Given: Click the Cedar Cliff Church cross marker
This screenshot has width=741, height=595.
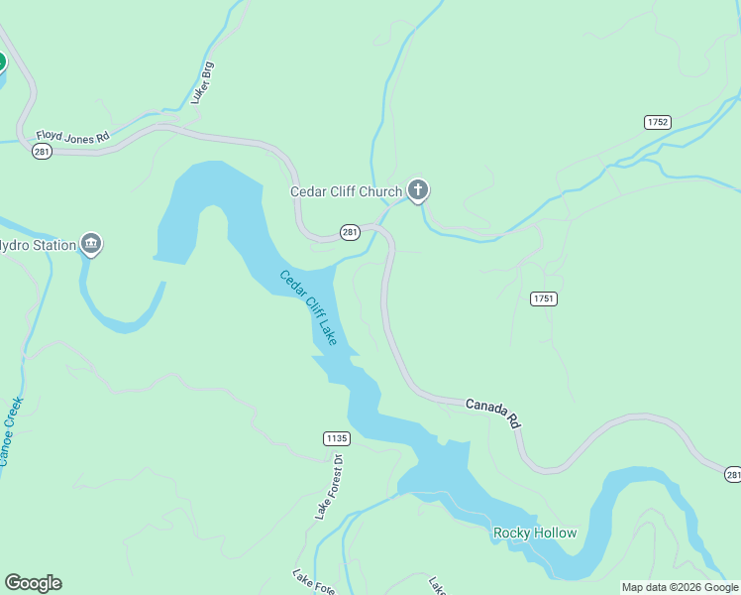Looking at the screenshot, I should click(418, 189).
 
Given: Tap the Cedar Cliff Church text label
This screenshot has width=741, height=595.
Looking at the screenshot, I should click(346, 191).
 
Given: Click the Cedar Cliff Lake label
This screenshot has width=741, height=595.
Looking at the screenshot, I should click(308, 307).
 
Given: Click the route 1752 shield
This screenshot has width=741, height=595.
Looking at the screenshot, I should click(657, 122).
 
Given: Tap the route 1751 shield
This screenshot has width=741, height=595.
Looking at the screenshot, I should click(543, 298).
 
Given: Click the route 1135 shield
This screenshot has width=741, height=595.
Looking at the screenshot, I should click(337, 437).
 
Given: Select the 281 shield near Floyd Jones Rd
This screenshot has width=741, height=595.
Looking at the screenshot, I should click(42, 151).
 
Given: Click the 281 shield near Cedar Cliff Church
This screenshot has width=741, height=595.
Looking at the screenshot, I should click(350, 231).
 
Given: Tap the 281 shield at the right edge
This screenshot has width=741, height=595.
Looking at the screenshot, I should click(732, 476).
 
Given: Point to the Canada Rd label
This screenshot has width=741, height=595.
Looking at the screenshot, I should click(493, 412).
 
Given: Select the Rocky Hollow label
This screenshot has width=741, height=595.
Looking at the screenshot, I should click(535, 534).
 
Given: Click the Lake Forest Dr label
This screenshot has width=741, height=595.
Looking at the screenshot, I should click(328, 487).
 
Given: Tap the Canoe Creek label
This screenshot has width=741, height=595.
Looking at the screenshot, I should click(11, 431).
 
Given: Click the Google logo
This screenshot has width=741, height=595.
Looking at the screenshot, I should click(33, 583).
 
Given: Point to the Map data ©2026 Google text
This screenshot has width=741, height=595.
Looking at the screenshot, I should click(680, 587).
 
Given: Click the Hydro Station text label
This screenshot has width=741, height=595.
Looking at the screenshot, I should click(38, 245).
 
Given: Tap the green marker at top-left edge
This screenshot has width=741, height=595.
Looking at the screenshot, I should click(1, 62).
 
